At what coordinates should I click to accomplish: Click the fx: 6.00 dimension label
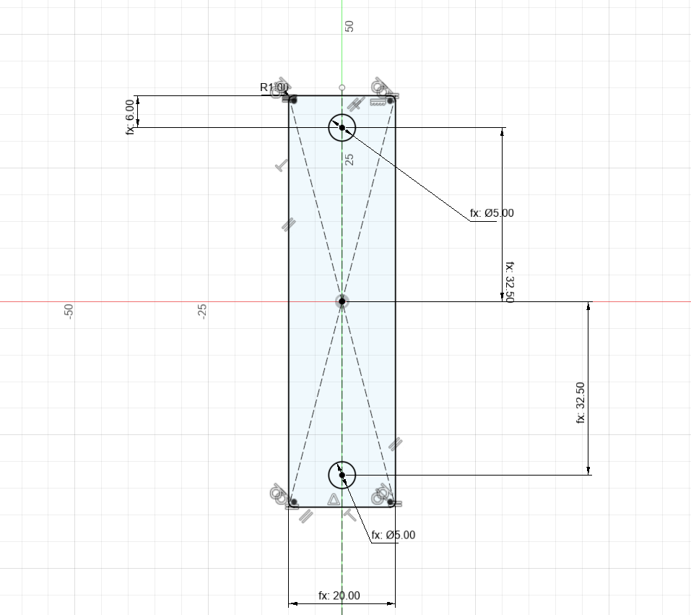pyautogui.click(x=130, y=116)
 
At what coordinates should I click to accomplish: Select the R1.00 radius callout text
pyautogui.click(x=274, y=87)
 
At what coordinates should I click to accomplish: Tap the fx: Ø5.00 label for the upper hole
pyautogui.click(x=492, y=213)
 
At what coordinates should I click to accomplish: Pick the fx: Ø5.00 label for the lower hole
pyautogui.click(x=394, y=536)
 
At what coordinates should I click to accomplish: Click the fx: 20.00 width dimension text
pyautogui.click(x=339, y=596)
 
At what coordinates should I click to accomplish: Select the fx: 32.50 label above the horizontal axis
pyautogui.click(x=509, y=282)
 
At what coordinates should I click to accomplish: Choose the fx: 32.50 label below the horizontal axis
pyautogui.click(x=581, y=403)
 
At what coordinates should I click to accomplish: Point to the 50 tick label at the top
pyautogui.click(x=349, y=26)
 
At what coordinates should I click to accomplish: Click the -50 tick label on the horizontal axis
pyautogui.click(x=69, y=311)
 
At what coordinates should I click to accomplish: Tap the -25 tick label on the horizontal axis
pyautogui.click(x=202, y=311)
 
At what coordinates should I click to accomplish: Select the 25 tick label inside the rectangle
pyautogui.click(x=349, y=159)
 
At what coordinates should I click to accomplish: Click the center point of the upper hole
pyautogui.click(x=342, y=128)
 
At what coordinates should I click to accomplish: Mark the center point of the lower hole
pyautogui.click(x=342, y=476)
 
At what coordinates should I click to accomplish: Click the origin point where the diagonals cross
pyautogui.click(x=342, y=301)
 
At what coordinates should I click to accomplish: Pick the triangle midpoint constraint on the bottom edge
pyautogui.click(x=334, y=499)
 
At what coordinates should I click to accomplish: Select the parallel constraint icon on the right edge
pyautogui.click(x=395, y=444)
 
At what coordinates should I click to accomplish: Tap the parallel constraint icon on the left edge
pyautogui.click(x=287, y=225)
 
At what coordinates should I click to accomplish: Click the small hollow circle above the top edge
pyautogui.click(x=342, y=87)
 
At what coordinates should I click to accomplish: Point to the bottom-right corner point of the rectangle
pyautogui.click(x=391, y=502)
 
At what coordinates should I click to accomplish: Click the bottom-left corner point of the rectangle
pyautogui.click(x=293, y=502)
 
